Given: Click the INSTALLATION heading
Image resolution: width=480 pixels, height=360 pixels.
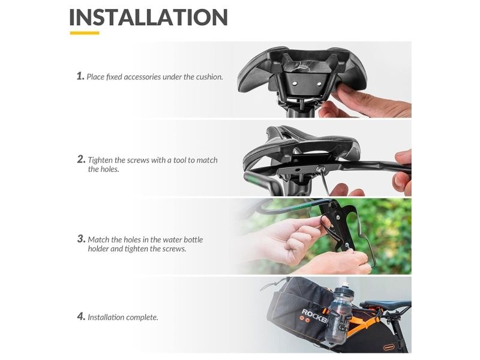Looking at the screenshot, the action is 148,17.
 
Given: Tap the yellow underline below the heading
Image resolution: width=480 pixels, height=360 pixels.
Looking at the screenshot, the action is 85,33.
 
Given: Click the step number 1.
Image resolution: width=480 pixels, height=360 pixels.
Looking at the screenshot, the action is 80,76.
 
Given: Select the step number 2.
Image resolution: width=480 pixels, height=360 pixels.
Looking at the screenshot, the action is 81,159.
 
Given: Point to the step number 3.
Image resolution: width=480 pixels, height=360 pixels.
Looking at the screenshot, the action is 81,239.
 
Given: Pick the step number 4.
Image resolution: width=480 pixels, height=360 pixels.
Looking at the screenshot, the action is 81,316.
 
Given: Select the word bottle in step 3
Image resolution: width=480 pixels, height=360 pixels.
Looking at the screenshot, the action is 193,239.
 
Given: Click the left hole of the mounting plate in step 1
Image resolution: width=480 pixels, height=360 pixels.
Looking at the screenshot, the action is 294,83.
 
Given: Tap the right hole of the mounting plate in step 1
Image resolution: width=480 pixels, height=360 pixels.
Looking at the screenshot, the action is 319,83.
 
